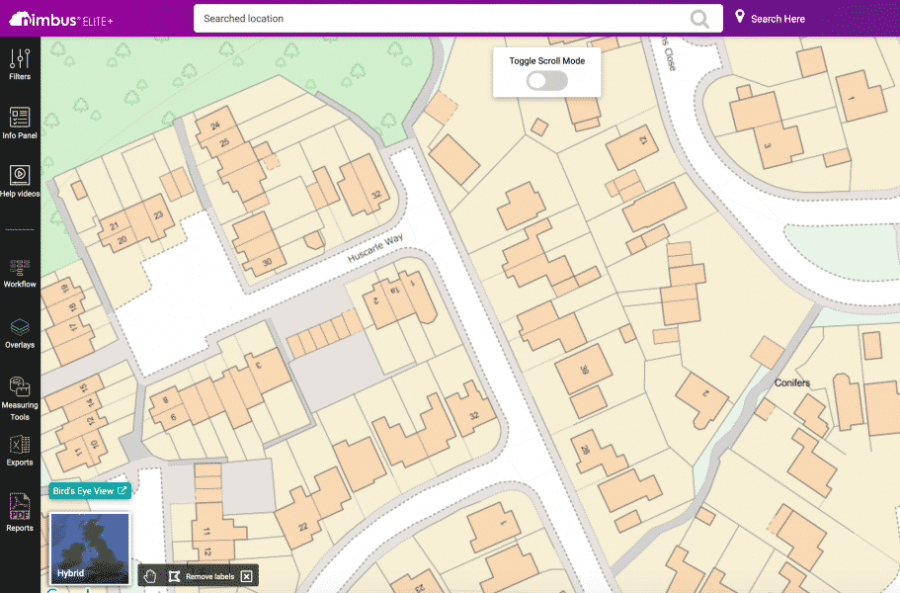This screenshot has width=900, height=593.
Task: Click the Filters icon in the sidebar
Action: (20, 59)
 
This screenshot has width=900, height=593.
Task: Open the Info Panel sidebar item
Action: (20, 118)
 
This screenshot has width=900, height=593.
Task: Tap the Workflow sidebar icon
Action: (20, 267)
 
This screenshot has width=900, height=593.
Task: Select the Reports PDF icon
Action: (20, 508)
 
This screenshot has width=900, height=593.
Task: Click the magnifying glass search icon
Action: (699, 19)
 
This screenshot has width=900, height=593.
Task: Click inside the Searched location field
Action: (435, 19)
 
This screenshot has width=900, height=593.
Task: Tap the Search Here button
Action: (770, 19)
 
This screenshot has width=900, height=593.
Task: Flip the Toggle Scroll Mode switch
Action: (546, 81)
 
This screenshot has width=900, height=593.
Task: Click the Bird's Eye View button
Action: (89, 490)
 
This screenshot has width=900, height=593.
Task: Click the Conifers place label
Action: (791, 382)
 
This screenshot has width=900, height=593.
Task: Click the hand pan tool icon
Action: (150, 575)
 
